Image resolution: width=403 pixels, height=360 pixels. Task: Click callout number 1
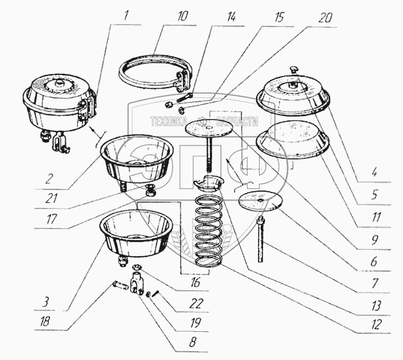pos(125,13)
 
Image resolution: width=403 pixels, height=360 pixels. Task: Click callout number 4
pos(375,171)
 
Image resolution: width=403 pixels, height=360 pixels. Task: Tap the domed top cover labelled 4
pos(295,92)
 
